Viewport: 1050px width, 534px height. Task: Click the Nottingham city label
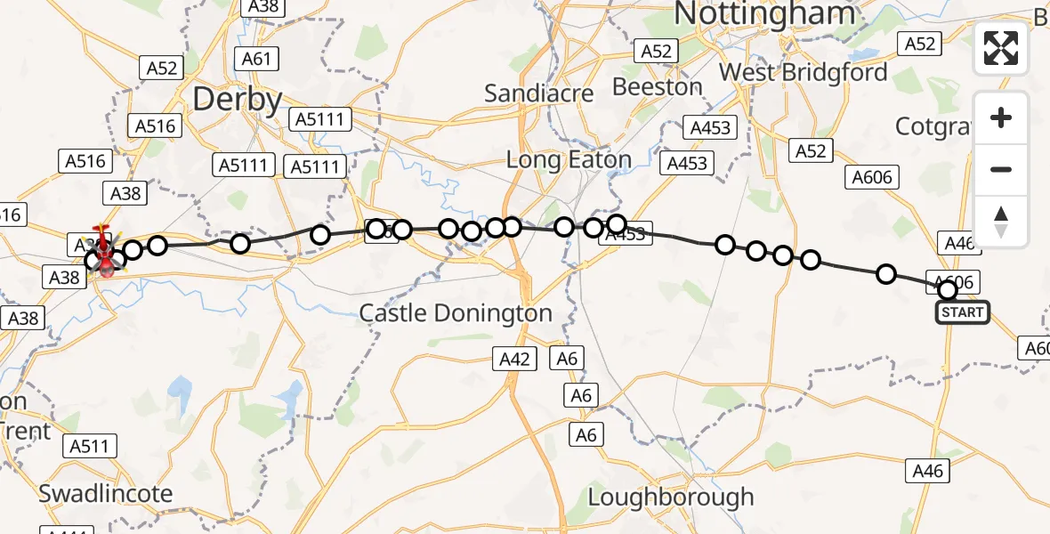[x=765, y=14]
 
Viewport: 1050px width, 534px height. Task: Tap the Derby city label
[x=238, y=99]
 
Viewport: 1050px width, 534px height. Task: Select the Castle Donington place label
[x=456, y=313]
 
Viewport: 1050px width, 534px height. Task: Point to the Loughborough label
[x=671, y=497]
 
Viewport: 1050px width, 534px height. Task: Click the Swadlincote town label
[x=106, y=493]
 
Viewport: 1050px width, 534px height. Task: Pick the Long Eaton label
[x=569, y=160]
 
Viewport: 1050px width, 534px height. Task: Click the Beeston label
[x=658, y=87]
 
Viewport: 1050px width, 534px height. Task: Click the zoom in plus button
[x=1001, y=117]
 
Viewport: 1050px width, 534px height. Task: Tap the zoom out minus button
[x=1001, y=169]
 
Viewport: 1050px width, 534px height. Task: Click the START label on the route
[x=962, y=312]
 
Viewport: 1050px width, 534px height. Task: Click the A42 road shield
[x=514, y=359]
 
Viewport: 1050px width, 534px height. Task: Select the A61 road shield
[x=255, y=59]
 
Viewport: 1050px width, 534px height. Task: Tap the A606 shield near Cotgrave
[x=871, y=177]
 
